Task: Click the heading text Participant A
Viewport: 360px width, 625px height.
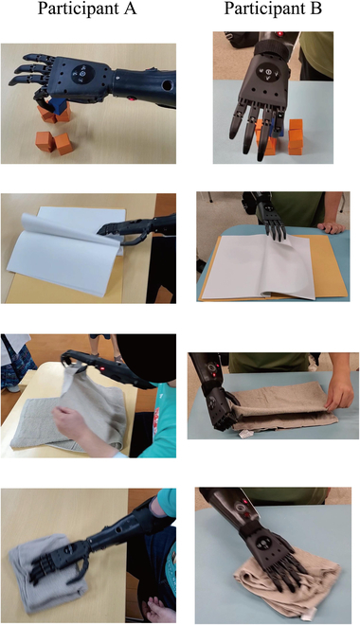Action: pyautogui.click(x=87, y=9)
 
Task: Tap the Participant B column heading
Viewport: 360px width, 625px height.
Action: pyautogui.click(x=273, y=9)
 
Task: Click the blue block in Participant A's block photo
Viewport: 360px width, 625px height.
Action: pyautogui.click(x=59, y=107)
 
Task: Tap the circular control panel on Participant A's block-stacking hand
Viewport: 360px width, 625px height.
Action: pyautogui.click(x=83, y=74)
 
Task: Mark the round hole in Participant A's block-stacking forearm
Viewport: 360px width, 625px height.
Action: pyautogui.click(x=167, y=85)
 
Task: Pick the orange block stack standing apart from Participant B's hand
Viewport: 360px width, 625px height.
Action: pyautogui.click(x=296, y=137)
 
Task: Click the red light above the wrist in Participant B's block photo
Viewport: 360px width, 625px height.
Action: pyautogui.click(x=280, y=34)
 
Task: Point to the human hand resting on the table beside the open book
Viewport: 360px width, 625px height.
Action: pyautogui.click(x=330, y=227)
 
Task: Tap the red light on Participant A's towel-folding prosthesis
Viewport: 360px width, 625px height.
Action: pyautogui.click(x=103, y=368)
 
